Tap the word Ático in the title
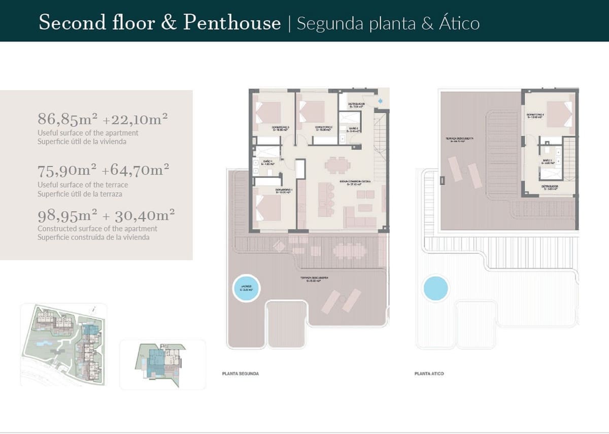pyautogui.click(x=459, y=23)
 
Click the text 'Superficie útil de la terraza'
pyautogui.click(x=80, y=194)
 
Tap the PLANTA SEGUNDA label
pyautogui.click(x=241, y=374)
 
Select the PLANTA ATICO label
pyautogui.click(x=429, y=374)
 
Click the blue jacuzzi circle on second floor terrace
pyautogui.click(x=246, y=289)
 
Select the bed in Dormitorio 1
pyautogui.click(x=268, y=208)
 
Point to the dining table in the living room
pyautogui.click(x=337, y=165)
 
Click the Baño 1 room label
pyautogui.click(x=267, y=162)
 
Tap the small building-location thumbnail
pyautogui.click(x=162, y=363)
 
